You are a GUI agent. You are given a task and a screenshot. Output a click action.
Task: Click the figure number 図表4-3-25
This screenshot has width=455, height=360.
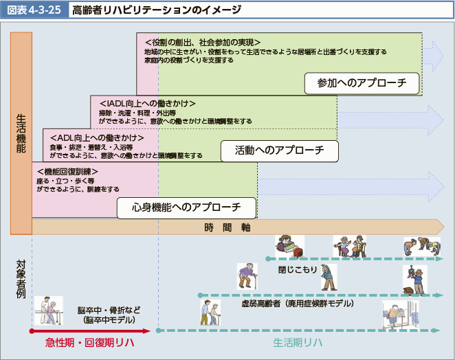[34, 11]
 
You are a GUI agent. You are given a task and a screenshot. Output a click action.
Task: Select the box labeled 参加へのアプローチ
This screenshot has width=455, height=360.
[363, 83]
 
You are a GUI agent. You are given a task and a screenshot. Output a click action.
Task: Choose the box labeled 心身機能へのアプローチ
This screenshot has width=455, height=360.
[186, 207]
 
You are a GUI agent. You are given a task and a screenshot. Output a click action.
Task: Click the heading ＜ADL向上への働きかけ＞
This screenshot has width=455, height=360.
[93, 137]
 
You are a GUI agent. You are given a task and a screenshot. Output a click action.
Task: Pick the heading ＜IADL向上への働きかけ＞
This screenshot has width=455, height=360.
[147, 103]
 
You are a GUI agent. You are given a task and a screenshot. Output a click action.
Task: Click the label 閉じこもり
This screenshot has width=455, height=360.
[298, 269]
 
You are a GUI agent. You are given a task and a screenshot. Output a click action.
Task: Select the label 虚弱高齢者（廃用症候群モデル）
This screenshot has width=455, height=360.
[297, 303]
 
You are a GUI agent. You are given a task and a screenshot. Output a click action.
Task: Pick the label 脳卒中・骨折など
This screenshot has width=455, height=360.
[110, 310]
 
